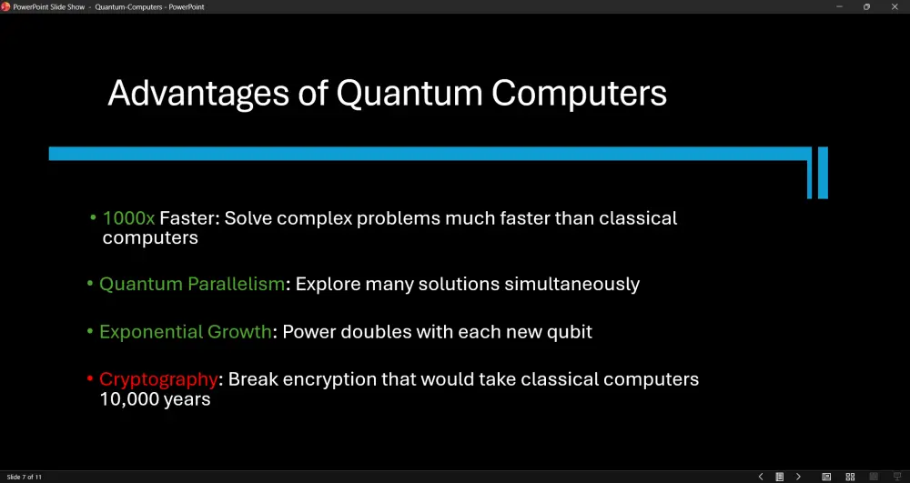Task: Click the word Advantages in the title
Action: [198, 94]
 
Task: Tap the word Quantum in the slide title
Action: [409, 93]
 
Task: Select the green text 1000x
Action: [129, 218]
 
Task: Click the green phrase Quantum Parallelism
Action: [192, 284]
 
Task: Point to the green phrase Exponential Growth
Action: [186, 332]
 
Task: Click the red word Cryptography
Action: [158, 380]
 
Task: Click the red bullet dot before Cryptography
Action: [90, 379]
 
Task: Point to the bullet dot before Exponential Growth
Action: [90, 331]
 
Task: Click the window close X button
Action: [895, 7]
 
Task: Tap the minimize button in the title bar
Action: [839, 7]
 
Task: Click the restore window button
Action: [866, 7]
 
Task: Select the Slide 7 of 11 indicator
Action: [24, 478]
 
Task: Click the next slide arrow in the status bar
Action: [799, 477]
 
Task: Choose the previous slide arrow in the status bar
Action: [761, 477]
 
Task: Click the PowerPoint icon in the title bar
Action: [5, 7]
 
